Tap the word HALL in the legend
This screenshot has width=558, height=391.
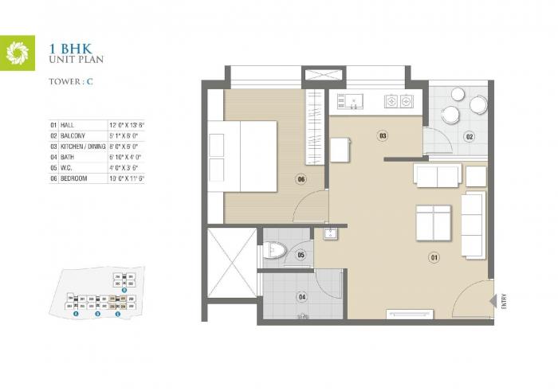[69, 126]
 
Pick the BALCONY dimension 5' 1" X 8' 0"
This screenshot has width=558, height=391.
[126, 136]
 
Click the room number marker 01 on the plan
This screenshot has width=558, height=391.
[434, 257]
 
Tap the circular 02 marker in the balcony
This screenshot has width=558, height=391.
[470, 137]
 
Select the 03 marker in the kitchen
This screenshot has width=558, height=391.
[383, 136]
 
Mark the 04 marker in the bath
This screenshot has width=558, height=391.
[302, 297]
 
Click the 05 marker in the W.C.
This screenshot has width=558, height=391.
[301, 255]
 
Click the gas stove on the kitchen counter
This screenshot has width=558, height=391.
[398, 102]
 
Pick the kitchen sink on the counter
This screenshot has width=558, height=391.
[350, 100]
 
